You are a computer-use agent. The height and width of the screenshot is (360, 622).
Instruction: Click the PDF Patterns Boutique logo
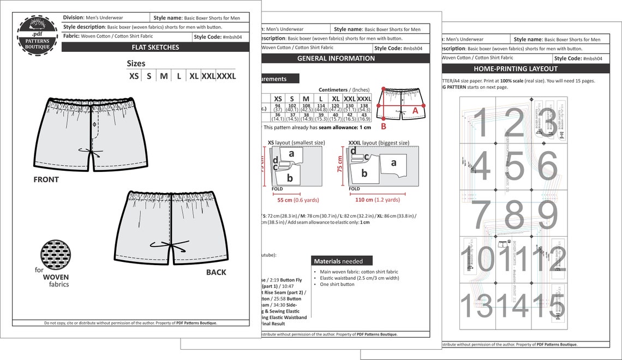tap(37, 34)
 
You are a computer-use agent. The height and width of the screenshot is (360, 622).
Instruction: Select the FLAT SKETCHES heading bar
tap(155, 47)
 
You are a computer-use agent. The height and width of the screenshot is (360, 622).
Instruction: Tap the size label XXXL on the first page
tap(226, 76)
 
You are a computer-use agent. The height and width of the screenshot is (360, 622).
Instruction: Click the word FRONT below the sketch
tap(46, 179)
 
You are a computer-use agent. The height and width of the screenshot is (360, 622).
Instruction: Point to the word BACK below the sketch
tap(216, 272)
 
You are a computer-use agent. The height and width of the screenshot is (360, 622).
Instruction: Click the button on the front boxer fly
tap(93, 125)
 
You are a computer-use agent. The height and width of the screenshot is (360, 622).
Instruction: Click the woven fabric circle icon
tap(55, 255)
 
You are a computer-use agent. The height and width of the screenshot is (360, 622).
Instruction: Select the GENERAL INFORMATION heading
tap(336, 58)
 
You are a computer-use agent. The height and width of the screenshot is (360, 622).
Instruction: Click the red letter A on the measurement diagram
tap(415, 110)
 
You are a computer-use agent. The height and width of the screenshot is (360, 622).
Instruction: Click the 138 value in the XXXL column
tap(364, 106)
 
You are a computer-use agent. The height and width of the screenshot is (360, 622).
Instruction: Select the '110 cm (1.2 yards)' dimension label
tap(377, 200)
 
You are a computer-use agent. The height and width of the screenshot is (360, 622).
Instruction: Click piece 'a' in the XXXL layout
tap(393, 163)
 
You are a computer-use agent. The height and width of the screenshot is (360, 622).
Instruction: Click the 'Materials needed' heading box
tap(342, 261)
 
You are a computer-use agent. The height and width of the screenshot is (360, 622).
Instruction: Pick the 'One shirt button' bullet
tap(337, 284)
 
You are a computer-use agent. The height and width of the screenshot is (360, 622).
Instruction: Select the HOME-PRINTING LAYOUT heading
tap(515, 69)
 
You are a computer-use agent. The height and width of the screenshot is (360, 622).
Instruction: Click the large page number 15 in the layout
tap(548, 305)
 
